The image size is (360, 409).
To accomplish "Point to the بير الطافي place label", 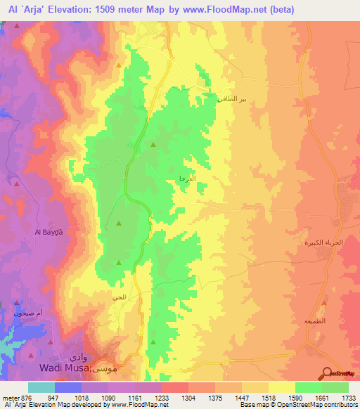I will (234, 98).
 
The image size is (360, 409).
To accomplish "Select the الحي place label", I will (119, 297).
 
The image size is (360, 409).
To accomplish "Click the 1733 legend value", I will (348, 397).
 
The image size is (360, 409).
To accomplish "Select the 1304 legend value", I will (188, 397).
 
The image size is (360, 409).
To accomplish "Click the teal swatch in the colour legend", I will (41, 387).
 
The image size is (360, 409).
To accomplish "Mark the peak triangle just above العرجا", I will (154, 145).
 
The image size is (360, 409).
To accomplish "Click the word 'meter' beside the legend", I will (10, 397).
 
